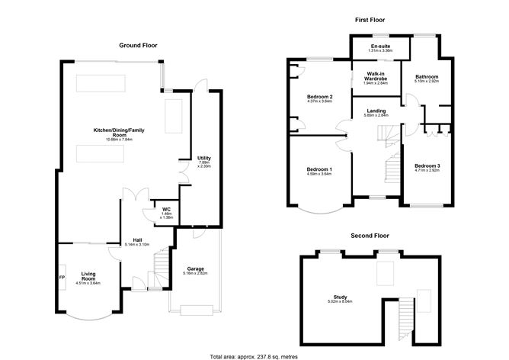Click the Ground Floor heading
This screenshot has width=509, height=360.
coord(138,45)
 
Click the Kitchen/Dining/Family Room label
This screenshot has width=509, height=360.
coord(119,133)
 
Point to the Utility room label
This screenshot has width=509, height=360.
coord(203,158)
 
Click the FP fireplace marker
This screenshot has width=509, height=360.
coord(62,277)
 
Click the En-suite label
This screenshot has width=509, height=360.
coord(380,47)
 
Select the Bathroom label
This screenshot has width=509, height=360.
coord(426,77)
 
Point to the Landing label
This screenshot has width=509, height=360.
coord(376,111)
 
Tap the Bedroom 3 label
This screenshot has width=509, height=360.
coord(427,166)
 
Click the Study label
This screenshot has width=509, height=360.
coord(340,297)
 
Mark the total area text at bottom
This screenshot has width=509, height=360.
coord(254,356)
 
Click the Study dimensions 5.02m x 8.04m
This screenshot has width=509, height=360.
coord(340,301)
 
